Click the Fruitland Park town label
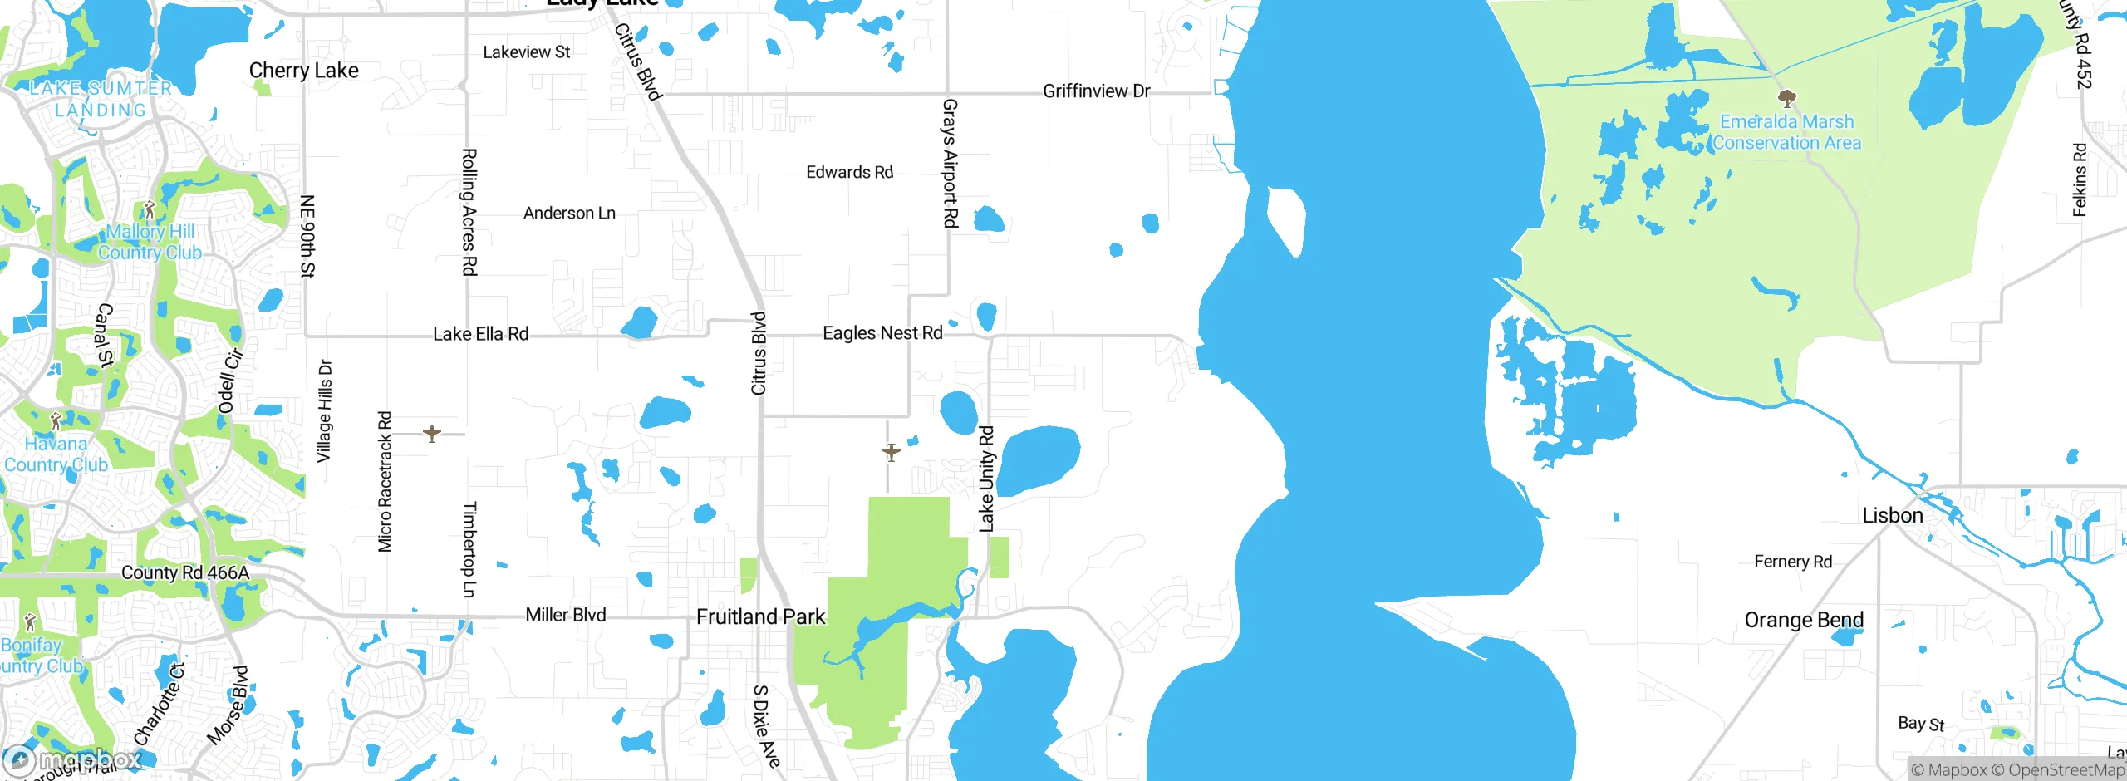click(760, 617)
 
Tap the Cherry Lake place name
click(304, 71)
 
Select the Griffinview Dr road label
click(1096, 91)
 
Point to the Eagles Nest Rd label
click(882, 333)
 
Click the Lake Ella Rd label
click(480, 334)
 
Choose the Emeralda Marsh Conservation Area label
click(1786, 133)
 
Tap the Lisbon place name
click(1892, 516)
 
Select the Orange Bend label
click(1804, 621)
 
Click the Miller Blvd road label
click(565, 616)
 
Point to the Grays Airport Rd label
click(950, 163)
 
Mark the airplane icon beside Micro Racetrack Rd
click(432, 433)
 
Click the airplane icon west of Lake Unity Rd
click(891, 453)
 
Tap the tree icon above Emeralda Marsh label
click(1787, 100)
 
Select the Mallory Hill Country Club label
click(150, 243)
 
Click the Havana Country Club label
click(56, 454)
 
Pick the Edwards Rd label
click(849, 173)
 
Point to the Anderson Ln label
click(569, 214)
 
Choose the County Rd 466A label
click(185, 573)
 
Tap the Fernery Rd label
click(1793, 562)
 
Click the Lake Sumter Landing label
click(101, 99)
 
